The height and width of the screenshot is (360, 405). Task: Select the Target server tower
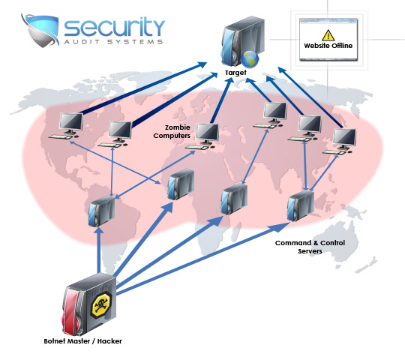click(238, 45)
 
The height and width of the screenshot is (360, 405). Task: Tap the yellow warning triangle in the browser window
click(328, 34)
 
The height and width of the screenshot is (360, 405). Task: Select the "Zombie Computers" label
click(172, 131)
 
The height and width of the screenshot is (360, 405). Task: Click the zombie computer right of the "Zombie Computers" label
click(206, 136)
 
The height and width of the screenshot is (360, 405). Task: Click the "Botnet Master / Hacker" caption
click(82, 341)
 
